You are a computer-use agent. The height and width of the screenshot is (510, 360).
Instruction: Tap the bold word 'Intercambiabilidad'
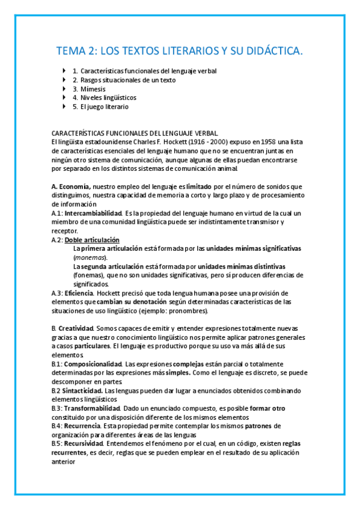tap(93, 213)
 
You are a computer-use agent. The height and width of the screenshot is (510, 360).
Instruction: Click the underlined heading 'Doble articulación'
tap(92, 239)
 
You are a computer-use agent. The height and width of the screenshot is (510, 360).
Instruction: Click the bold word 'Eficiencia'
tap(85, 293)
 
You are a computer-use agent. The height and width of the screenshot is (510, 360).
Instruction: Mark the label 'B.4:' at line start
tap(57, 426)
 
